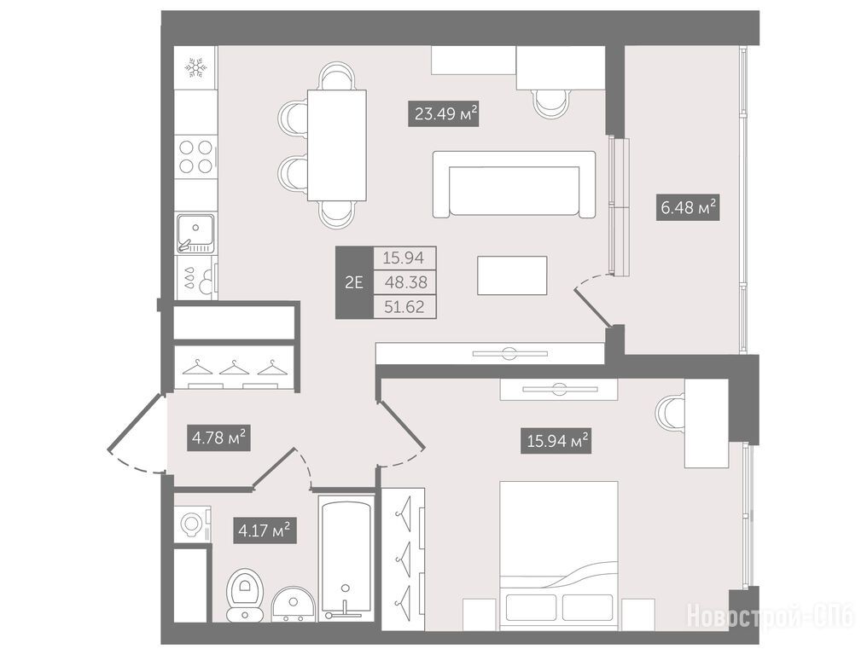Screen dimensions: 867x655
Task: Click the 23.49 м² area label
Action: [x=443, y=114]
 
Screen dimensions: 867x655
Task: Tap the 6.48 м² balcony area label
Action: [x=688, y=207]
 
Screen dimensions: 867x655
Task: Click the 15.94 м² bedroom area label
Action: [x=556, y=441]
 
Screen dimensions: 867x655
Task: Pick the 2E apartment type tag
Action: [x=354, y=282]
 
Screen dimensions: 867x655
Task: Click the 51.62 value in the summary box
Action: [x=404, y=307]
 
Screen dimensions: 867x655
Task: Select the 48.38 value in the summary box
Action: [x=405, y=282]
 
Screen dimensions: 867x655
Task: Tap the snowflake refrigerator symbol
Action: [x=195, y=67]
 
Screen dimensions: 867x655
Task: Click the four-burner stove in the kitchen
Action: [x=196, y=156]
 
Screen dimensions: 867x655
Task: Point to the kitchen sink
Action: [x=195, y=233]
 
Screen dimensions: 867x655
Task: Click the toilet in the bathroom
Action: [x=246, y=594]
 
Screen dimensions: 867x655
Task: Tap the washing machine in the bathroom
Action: [x=192, y=524]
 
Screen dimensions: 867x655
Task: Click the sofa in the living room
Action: [x=515, y=184]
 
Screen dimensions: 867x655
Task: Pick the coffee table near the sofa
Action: [x=512, y=275]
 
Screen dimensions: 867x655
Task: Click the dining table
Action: [x=337, y=145]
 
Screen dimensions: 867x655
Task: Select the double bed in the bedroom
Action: [x=558, y=555]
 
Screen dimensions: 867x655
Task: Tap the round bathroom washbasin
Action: [x=293, y=604]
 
